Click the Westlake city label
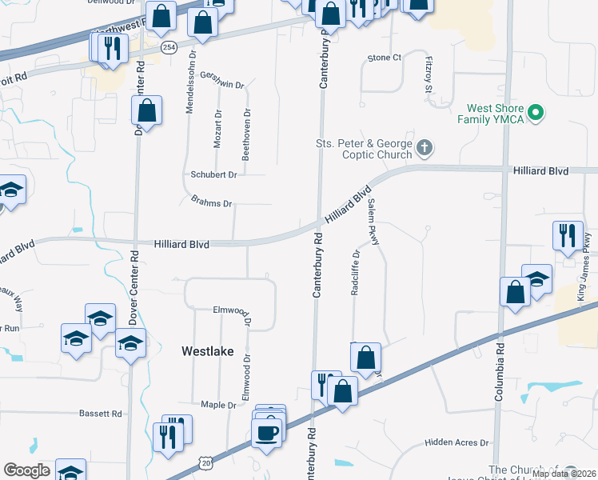pyautogui.click(x=207, y=350)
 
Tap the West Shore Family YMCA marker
pyautogui.click(x=537, y=113)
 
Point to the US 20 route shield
pyautogui.click(x=207, y=462)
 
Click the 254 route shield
pyautogui.click(x=167, y=49)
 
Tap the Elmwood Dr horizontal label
pyautogui.click(x=232, y=310)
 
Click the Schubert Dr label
pyautogui.click(x=213, y=174)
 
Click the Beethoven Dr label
pyautogui.click(x=246, y=135)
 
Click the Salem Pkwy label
pyautogui.click(x=372, y=222)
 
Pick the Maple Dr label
pyautogui.click(x=218, y=406)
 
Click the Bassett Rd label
pyautogui.click(x=100, y=414)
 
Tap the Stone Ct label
pyautogui.click(x=384, y=58)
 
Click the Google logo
pyautogui.click(x=26, y=470)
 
